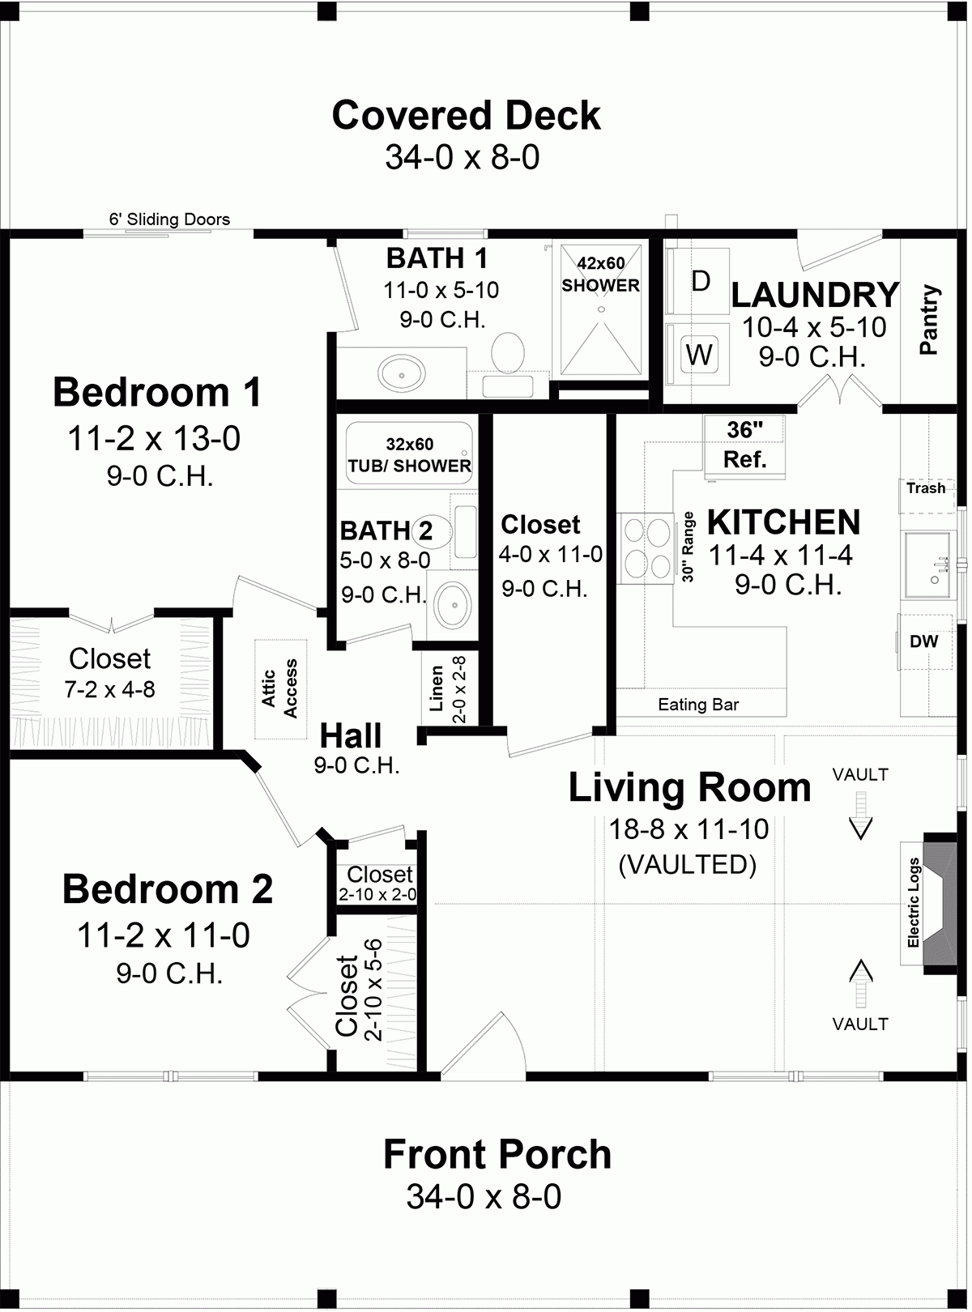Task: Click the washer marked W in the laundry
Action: click(699, 354)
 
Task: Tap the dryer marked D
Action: click(701, 281)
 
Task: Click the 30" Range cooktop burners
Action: click(646, 547)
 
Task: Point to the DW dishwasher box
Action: click(924, 641)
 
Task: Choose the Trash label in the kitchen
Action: click(926, 488)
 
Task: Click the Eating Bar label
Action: click(698, 705)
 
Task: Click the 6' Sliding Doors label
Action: click(169, 219)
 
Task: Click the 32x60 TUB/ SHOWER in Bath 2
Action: click(409, 454)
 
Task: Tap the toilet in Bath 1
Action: click(509, 351)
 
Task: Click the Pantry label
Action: click(929, 319)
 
